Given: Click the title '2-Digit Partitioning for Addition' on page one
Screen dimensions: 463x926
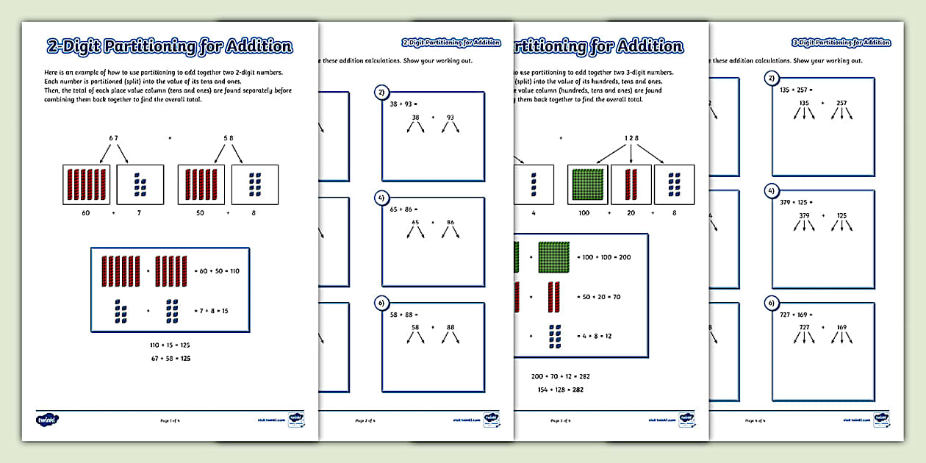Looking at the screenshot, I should (169, 46).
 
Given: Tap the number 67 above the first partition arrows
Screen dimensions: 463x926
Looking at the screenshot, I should (113, 137).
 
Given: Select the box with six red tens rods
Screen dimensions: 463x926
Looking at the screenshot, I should (87, 184).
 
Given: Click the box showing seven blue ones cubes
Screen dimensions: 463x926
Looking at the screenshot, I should (140, 184).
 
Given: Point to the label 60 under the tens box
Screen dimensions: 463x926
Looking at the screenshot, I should (87, 212).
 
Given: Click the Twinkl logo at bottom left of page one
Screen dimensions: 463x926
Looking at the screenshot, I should (47, 420).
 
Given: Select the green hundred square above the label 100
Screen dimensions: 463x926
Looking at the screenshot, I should (586, 184).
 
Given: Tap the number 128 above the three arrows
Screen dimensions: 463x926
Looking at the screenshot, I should (632, 137).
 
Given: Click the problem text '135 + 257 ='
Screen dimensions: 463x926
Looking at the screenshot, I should (795, 90).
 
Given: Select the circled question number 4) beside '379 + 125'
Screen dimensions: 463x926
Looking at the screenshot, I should (771, 190).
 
